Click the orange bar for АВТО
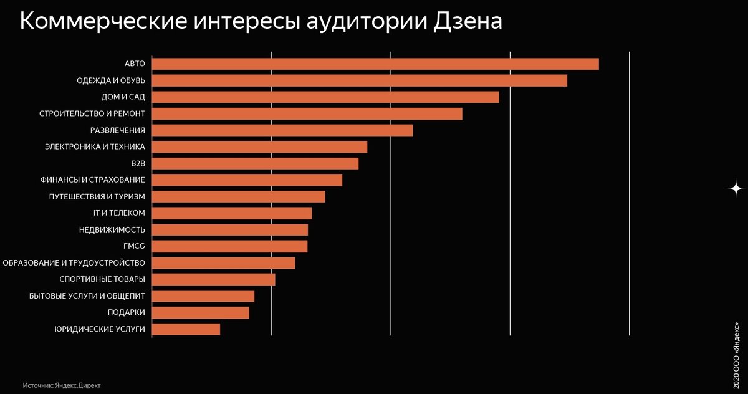[375, 64]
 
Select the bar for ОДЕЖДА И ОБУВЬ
[360, 80]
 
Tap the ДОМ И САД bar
[325, 97]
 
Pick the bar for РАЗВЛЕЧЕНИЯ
[282, 130]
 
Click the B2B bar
[255, 163]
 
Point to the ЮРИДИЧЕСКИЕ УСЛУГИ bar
[186, 329]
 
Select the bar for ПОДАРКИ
[200, 312]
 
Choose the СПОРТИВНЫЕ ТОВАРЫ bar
[213, 279]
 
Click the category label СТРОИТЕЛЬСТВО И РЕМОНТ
[92, 113]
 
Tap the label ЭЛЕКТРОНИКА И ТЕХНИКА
[95, 147]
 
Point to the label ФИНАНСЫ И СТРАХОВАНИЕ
[92, 180]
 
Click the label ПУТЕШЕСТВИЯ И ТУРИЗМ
[97, 196]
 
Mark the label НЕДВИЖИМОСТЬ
[112, 229]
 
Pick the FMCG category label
[134, 246]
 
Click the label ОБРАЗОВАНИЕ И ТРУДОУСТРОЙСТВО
[74, 262]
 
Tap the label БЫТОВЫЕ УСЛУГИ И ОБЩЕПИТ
[87, 295]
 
